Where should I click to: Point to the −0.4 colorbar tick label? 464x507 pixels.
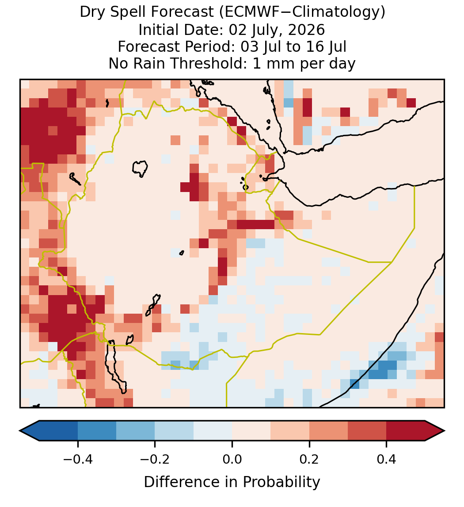tap(78, 459)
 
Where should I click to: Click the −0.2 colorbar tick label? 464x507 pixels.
tap(155, 459)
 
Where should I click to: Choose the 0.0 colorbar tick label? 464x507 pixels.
tap(232, 459)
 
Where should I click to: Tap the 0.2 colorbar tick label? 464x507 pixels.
tap(309, 459)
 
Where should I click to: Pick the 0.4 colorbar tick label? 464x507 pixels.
tap(387, 459)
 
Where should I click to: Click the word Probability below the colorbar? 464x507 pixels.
tap(281, 482)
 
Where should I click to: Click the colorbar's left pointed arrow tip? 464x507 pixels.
tap(20, 431)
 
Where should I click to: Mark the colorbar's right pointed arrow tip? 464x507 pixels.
tap(445, 431)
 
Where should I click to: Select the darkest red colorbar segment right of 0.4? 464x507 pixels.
tap(406, 431)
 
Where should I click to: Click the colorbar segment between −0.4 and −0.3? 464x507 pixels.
tap(97, 431)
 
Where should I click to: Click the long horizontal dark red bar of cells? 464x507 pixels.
tap(255, 224)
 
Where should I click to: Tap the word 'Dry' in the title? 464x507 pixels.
tap(90, 12)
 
